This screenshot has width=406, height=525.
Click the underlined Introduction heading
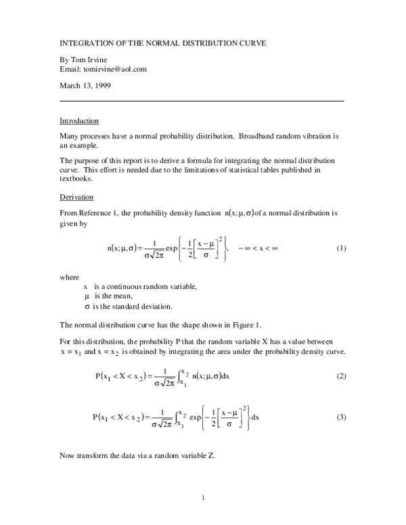coord(79,121)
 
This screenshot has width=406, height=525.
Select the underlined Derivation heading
coord(76,197)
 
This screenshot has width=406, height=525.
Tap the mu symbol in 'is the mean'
coord(87,296)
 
